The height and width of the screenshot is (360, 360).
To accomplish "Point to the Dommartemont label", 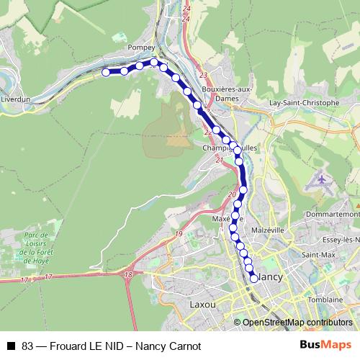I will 332,215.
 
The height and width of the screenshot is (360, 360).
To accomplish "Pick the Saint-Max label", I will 318,255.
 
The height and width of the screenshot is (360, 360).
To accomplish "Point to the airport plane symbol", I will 321,179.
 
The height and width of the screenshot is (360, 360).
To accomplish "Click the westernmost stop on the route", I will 106,72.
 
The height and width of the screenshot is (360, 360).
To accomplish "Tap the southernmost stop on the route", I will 253,278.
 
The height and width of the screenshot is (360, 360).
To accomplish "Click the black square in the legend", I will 11,345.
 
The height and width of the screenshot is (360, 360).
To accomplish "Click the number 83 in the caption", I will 28,345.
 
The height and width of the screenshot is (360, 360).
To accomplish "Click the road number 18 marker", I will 128,274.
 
